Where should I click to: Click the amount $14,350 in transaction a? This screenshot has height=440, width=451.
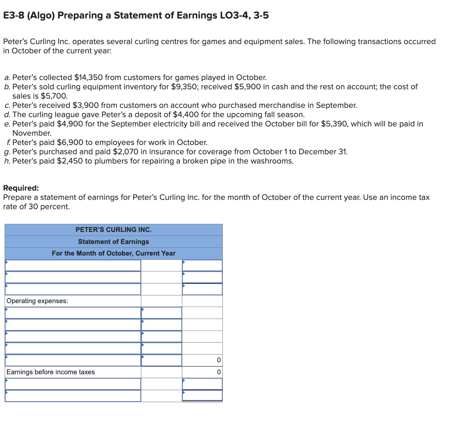coord(88,77)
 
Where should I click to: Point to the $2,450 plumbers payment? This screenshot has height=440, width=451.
coord(70,161)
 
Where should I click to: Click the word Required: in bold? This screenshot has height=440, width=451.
coord(21,188)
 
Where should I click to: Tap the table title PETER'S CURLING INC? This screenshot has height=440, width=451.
coord(114,230)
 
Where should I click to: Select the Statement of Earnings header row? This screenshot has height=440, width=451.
coord(114,242)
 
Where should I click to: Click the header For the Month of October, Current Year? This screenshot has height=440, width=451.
coord(114,253)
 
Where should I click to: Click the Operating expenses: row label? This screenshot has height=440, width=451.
coord(37,301)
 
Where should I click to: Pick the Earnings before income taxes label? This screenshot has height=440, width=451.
coord(51,372)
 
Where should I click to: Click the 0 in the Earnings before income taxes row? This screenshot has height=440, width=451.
coord(219,372)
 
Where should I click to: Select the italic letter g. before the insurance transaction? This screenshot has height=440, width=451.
coord(7,152)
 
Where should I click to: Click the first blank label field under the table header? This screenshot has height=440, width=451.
coord(73,265)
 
